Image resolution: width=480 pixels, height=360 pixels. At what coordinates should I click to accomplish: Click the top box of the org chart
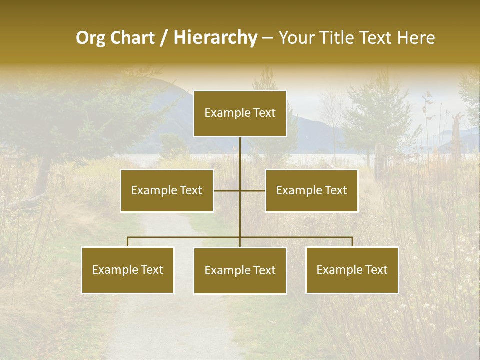pos(240,113)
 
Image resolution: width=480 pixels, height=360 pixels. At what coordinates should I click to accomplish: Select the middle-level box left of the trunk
pos(167,190)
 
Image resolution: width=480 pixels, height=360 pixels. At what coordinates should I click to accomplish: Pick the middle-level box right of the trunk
pos(311,190)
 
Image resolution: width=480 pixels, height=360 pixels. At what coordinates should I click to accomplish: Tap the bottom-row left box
pos(128,270)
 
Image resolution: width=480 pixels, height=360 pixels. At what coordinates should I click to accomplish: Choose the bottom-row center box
pos(240,270)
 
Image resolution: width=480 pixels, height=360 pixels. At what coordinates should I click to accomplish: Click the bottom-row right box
pos(352,270)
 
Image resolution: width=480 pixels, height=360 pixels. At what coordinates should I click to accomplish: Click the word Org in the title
pos(91,38)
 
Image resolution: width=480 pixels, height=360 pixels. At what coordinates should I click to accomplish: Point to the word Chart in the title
pos(132,38)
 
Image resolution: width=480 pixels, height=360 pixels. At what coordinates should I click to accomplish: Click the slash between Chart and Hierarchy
pos(164,38)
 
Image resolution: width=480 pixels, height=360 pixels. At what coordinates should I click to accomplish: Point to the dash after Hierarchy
pos(267,38)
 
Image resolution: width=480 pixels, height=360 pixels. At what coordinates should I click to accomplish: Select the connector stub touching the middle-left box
pos(222,190)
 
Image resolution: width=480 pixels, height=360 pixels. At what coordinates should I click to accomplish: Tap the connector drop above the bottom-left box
pos(128,242)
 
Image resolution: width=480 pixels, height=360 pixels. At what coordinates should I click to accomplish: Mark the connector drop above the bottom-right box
pos(352,242)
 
